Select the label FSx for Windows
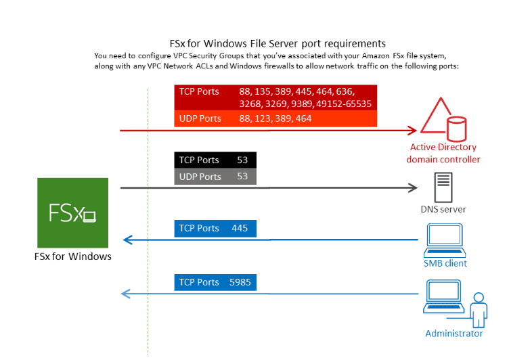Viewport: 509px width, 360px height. tap(73, 256)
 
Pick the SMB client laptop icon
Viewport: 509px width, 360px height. tap(445, 239)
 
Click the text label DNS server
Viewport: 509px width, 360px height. tap(443, 209)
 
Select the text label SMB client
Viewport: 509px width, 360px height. tap(445, 263)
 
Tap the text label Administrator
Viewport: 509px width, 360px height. tap(454, 334)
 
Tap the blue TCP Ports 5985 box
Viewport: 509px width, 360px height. tap(216, 282)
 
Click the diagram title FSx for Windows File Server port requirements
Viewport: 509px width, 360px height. tap(278, 43)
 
